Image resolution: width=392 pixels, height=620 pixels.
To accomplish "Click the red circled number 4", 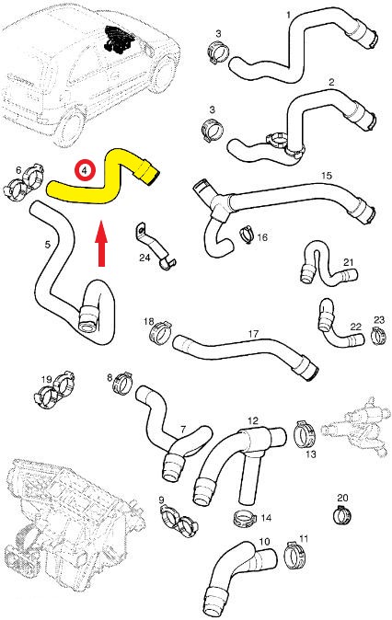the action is tap(86, 170).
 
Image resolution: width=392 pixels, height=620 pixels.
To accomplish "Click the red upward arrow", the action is tap(102, 243).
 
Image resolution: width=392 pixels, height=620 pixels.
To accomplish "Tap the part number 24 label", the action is tap(144, 258).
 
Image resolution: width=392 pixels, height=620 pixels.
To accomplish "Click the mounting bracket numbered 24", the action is tap(155, 247).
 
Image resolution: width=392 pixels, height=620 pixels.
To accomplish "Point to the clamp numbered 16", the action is tap(248, 235).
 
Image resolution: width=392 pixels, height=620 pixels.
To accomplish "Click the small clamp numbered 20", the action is tap(342, 514).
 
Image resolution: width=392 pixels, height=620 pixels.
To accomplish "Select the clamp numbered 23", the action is tap(378, 335).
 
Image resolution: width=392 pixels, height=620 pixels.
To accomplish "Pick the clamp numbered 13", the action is tap(305, 434).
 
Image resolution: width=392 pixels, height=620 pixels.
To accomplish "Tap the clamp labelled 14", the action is tap(246, 519).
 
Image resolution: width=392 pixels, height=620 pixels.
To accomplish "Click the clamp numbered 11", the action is tap(295, 556).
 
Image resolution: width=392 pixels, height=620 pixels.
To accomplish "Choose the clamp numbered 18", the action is tap(160, 331).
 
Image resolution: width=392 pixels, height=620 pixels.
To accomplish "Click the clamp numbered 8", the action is tap(122, 383).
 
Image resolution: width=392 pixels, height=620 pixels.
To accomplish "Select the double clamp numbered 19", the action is tap(54, 389).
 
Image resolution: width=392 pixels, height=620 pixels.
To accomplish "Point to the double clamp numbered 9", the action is tap(178, 521).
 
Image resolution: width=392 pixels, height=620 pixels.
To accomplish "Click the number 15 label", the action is tap(327, 175).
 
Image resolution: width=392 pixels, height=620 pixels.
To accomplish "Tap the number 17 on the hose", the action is tap(253, 334).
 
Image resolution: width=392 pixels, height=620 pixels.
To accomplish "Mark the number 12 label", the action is tap(253, 420).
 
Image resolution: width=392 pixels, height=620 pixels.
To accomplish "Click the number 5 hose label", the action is tap(48, 245).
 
